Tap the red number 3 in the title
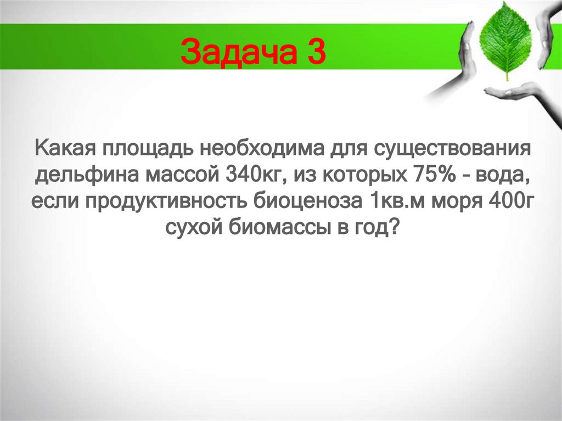[315, 53]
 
